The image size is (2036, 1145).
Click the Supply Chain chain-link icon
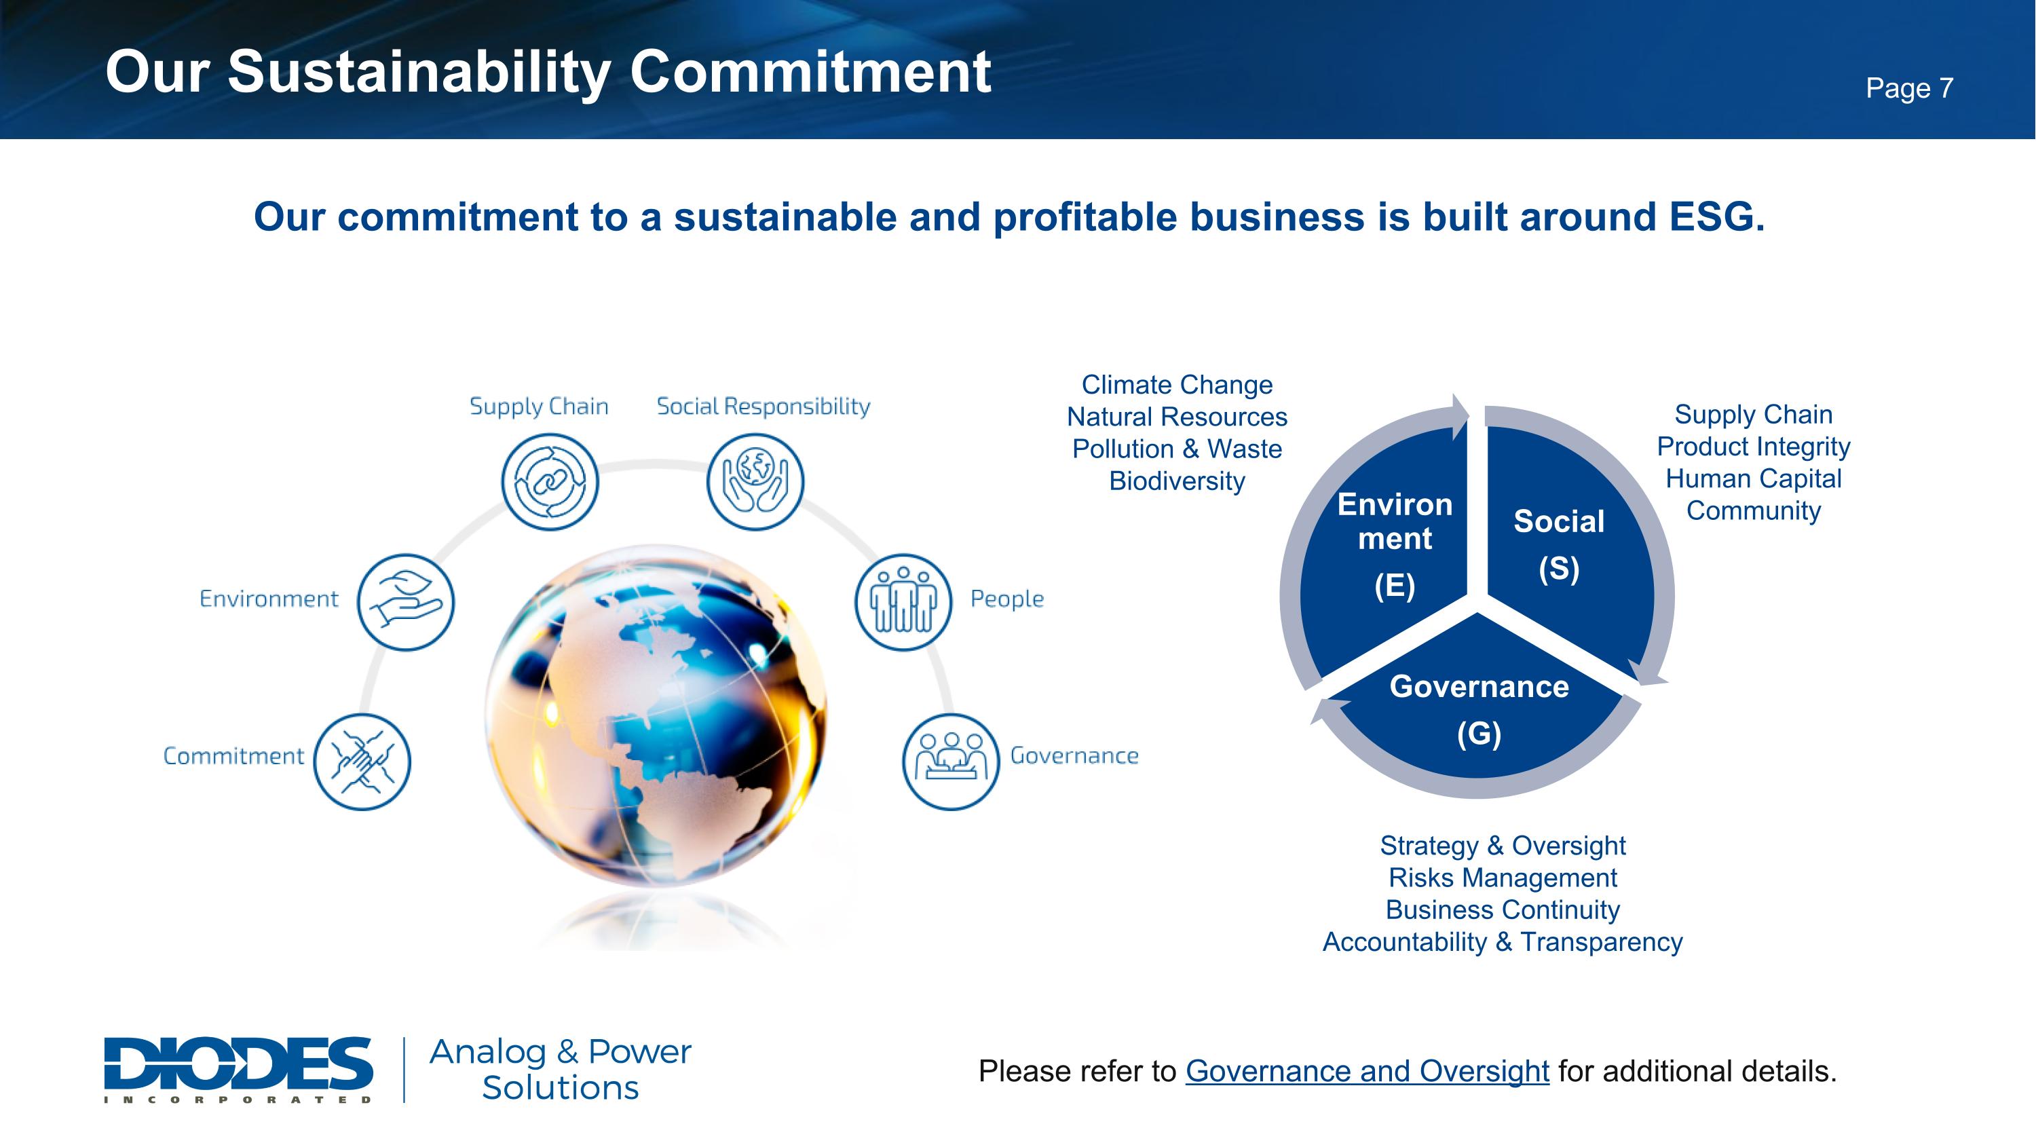(x=550, y=481)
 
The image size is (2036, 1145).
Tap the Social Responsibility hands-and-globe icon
(x=755, y=481)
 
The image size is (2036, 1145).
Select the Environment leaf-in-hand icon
(x=407, y=602)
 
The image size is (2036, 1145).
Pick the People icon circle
(x=903, y=602)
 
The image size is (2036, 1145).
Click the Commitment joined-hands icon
(x=362, y=762)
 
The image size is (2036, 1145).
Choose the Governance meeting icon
(x=951, y=762)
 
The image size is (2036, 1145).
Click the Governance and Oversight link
(x=1367, y=1072)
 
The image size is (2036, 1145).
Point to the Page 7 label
(x=1910, y=88)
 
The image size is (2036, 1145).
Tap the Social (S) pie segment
(x=1565, y=545)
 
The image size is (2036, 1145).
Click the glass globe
(x=656, y=715)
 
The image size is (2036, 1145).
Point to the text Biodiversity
(x=1177, y=481)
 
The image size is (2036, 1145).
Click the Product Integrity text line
(x=1753, y=447)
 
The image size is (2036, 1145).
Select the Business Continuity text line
(x=1503, y=909)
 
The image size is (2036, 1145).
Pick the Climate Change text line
(x=1177, y=385)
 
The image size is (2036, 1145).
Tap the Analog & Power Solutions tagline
(x=561, y=1069)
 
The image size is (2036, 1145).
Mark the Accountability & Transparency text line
(x=1503, y=942)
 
